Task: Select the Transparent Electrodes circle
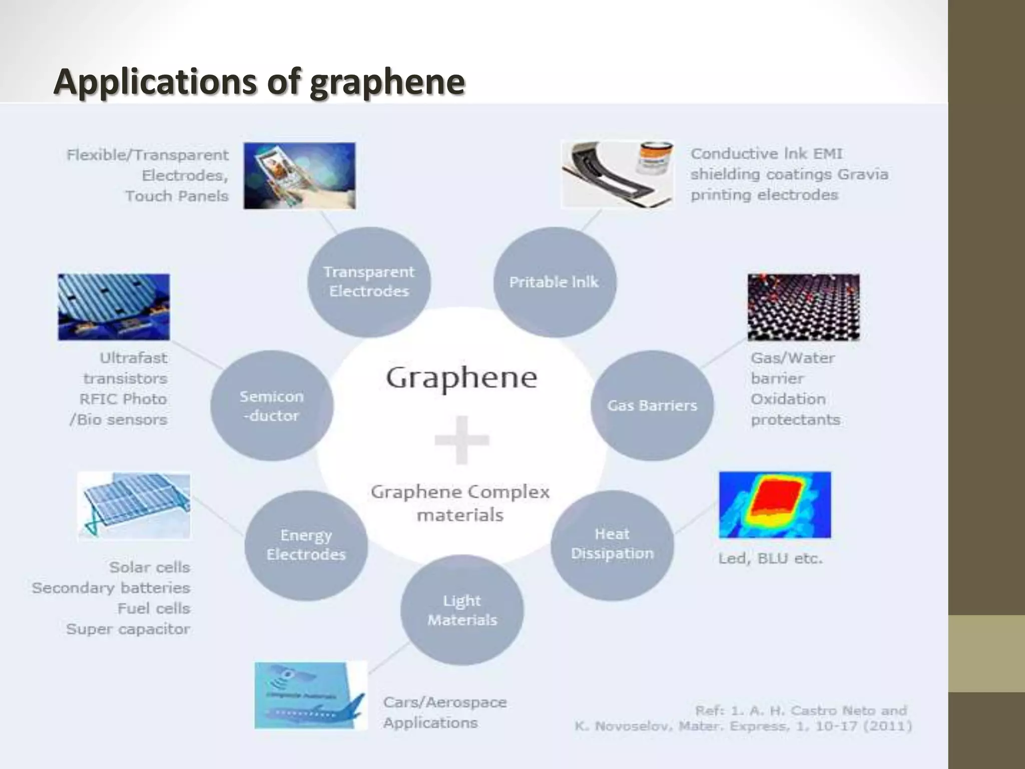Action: pos(369,281)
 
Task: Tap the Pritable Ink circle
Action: pos(554,282)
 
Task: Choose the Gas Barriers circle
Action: pos(652,405)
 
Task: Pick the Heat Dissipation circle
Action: pos(612,544)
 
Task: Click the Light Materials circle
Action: pos(462,610)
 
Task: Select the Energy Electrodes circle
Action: pos(306,545)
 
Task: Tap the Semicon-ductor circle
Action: pos(271,406)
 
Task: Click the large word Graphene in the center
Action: pos(461,378)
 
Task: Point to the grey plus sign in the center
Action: pos(461,440)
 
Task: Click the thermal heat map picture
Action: pos(775,505)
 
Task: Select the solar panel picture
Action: pos(134,506)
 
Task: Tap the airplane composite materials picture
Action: pos(310,695)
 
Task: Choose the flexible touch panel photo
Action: pos(299,176)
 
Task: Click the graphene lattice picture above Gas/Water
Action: pos(803,307)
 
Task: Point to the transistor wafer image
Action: pos(114,307)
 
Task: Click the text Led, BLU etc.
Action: pos(770,558)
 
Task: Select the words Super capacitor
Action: pos(128,629)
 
